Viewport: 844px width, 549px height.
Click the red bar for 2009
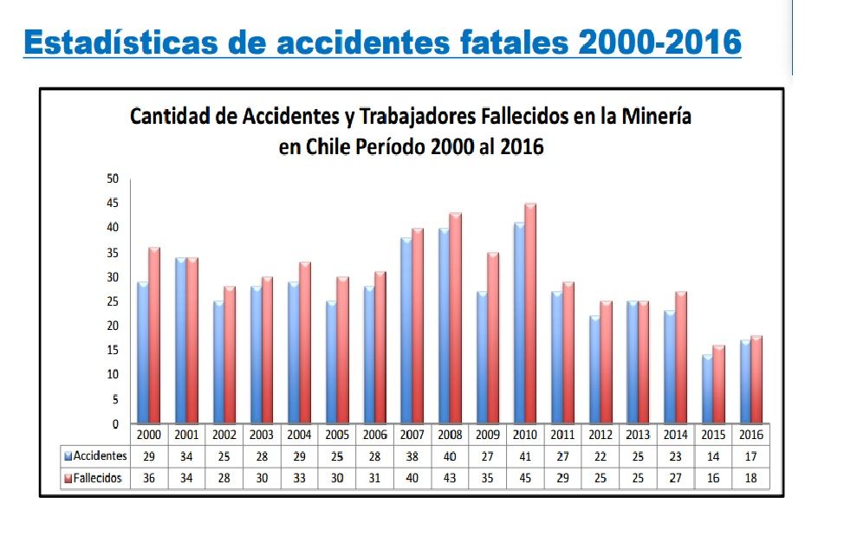click(493, 338)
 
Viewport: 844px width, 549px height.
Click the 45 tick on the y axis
click(113, 203)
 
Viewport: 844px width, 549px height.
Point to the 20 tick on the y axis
click(113, 326)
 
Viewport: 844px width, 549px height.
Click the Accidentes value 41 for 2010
click(523, 455)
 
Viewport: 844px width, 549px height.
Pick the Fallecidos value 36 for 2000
click(148, 478)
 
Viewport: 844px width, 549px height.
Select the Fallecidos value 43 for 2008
click(449, 478)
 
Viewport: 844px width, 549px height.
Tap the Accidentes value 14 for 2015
click(711, 455)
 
